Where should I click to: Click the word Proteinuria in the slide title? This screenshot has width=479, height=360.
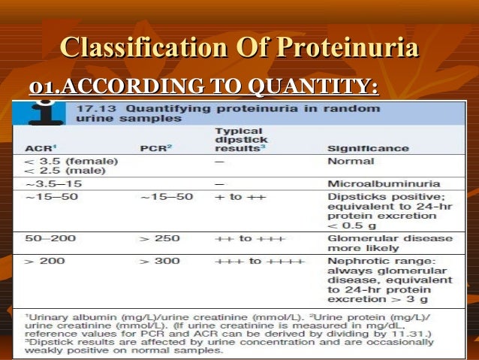tap(348, 49)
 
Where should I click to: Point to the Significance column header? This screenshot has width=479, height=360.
tap(368, 147)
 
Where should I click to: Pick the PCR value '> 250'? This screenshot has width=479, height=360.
tap(160, 238)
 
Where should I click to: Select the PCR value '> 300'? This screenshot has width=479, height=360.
tap(160, 261)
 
